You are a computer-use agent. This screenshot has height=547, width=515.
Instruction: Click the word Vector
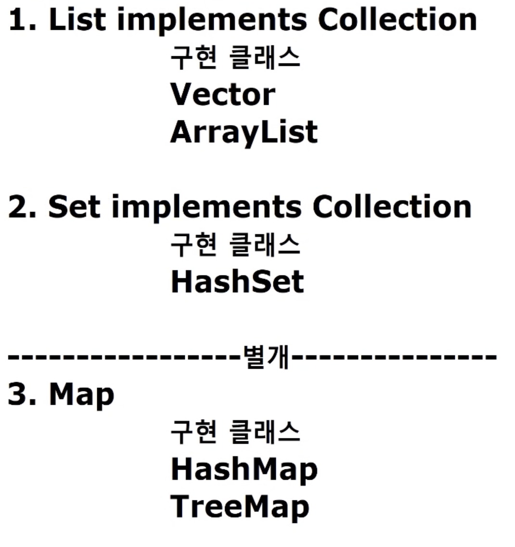click(x=222, y=95)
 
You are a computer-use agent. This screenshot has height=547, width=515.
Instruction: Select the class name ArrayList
click(x=244, y=132)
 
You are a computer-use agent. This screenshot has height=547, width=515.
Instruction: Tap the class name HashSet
click(x=237, y=282)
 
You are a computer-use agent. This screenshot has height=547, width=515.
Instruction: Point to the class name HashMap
click(x=244, y=470)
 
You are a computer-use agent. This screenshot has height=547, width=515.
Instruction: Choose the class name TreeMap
click(x=239, y=507)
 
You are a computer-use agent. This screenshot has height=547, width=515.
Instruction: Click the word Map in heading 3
click(x=81, y=395)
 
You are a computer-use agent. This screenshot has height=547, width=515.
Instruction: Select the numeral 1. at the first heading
click(x=22, y=20)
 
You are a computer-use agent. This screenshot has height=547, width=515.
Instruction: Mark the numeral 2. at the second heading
click(x=22, y=207)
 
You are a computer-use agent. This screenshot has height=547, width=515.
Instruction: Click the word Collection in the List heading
click(x=397, y=20)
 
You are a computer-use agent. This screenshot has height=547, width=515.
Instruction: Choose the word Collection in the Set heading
click(x=392, y=207)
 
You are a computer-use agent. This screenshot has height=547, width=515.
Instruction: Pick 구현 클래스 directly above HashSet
click(x=235, y=244)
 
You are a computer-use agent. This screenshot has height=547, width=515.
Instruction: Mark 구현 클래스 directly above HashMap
click(x=235, y=432)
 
